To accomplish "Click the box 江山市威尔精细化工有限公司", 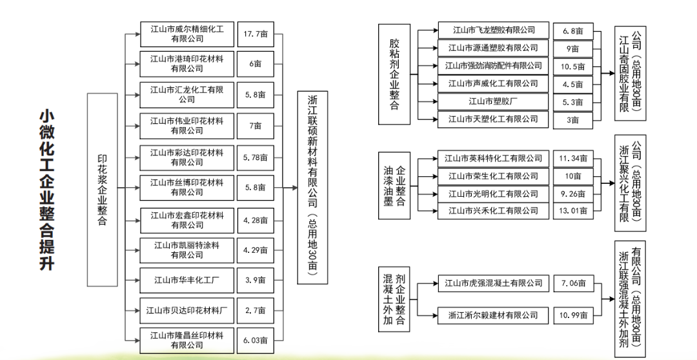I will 187,34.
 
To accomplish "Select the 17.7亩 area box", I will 256,34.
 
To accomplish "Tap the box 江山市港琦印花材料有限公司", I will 187,64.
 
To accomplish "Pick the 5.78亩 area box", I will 256,157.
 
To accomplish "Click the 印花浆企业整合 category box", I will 102,190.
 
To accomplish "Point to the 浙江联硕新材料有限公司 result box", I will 313,187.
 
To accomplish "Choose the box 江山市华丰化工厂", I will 187,280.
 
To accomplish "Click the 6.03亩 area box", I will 256,341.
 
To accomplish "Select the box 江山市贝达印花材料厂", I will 187,310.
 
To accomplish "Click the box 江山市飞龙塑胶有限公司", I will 494,30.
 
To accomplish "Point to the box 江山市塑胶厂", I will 494,101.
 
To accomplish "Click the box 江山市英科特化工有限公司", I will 494,158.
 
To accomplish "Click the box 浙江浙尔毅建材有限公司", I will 494,315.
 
